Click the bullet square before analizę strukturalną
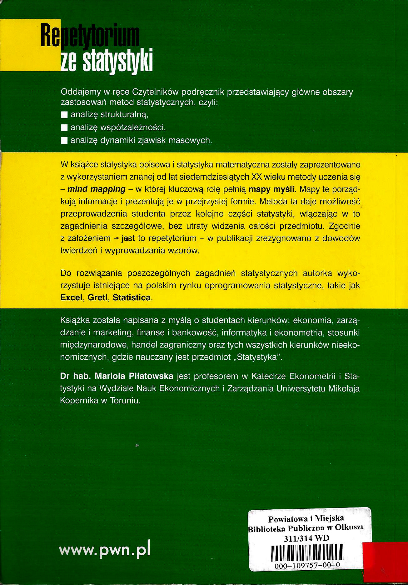click(x=64, y=115)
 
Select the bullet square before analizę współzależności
click(x=64, y=127)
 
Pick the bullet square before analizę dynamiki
click(x=64, y=140)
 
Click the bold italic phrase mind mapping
click(x=96, y=189)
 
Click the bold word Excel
click(x=72, y=297)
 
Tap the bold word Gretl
click(x=97, y=297)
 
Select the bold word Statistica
click(x=132, y=297)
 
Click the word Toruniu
click(x=125, y=401)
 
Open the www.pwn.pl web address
click(x=105, y=550)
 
